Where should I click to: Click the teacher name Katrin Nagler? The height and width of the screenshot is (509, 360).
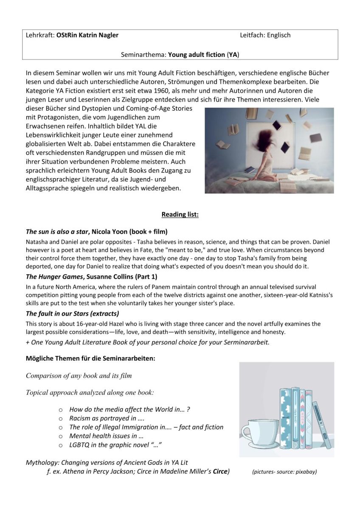(96, 35)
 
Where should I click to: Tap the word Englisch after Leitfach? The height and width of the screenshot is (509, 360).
(278, 35)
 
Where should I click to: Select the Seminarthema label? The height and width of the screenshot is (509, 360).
(144, 54)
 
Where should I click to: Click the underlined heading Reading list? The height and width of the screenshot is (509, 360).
(180, 214)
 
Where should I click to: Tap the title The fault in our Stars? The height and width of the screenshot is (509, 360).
(63, 314)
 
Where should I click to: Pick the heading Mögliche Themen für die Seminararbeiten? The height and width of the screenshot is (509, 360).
(90, 358)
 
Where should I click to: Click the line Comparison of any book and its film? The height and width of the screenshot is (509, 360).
(79, 375)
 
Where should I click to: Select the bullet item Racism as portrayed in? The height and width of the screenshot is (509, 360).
(104, 418)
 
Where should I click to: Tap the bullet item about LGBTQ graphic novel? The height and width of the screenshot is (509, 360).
(116, 445)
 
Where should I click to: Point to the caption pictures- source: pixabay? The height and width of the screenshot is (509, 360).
(284, 472)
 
